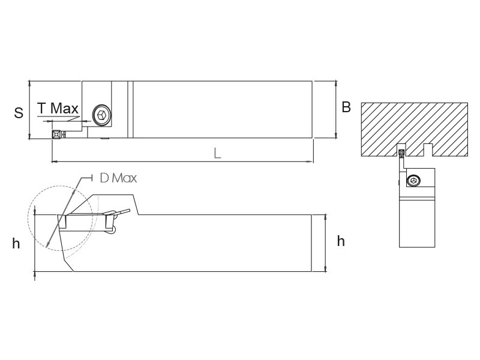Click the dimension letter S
(19, 113)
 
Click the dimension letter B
(346, 107)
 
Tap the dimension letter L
(217, 153)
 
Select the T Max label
(58, 108)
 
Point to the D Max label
(118, 178)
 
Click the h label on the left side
(16, 244)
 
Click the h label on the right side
(341, 241)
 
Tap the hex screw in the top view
(102, 115)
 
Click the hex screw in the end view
(413, 180)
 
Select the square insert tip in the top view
(56, 134)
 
